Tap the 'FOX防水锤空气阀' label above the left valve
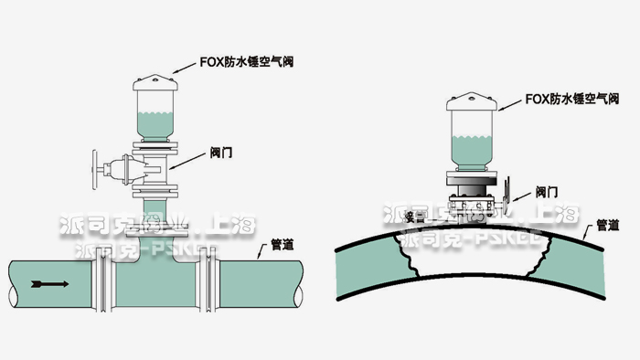click(x=247, y=62)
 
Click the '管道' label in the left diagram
click(x=283, y=245)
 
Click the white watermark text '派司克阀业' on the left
click(x=110, y=224)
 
